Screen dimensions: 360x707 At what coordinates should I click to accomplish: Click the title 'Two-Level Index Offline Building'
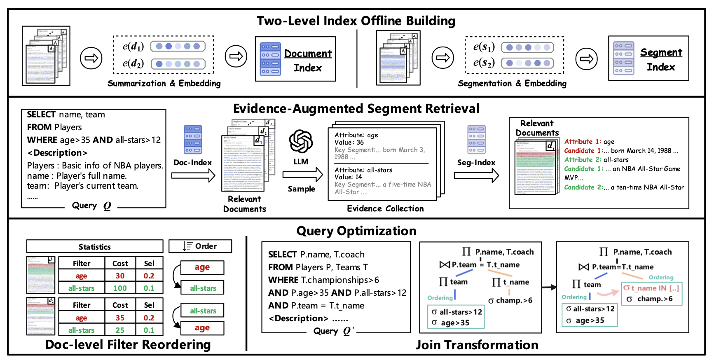pos(356,21)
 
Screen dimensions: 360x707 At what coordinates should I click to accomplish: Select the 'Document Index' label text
pos(308,61)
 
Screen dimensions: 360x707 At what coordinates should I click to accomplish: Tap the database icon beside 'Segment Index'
pos(623,58)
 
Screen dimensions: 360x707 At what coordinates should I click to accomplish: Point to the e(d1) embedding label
pos(133,47)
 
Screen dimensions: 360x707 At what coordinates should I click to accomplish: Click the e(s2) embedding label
pos(484,63)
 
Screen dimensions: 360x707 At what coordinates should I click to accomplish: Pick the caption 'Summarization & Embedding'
pos(164,84)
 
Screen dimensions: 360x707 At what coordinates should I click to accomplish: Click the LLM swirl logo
pos(301,141)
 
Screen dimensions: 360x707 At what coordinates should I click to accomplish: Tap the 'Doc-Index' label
pos(192,163)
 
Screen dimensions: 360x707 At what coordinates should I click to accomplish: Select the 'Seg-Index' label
pos(476,163)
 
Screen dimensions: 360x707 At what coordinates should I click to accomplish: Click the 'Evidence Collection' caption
pos(385,208)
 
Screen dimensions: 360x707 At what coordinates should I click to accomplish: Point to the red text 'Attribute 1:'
pos(578,142)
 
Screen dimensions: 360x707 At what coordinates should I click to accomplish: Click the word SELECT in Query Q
pos(41,115)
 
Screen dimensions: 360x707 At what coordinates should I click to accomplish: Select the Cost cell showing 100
pos(120,288)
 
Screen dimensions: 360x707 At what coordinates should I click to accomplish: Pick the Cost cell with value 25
pos(120,330)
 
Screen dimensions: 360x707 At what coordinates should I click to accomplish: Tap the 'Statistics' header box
pos(95,247)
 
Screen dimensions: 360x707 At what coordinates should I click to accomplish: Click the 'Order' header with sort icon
pos(200,246)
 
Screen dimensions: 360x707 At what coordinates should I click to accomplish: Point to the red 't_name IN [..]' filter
pos(651,288)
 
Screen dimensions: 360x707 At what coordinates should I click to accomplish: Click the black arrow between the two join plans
pos(549,288)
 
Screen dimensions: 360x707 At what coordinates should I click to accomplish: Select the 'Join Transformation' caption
pos(477,345)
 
